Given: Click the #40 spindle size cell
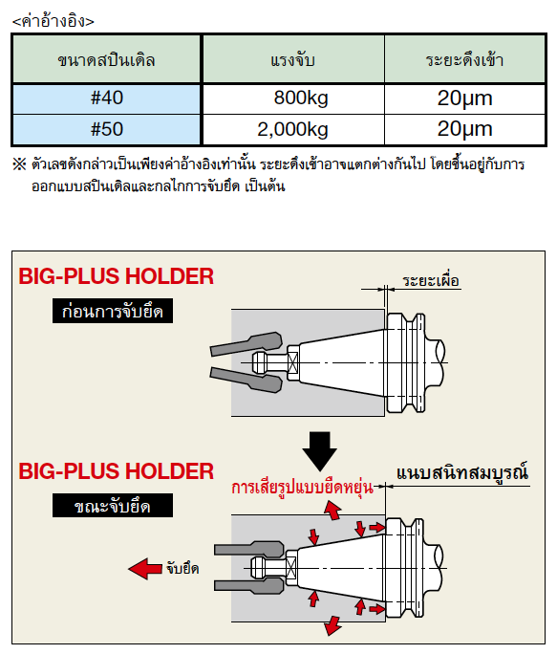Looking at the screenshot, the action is (107, 98).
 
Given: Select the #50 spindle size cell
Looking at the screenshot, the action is (107, 129).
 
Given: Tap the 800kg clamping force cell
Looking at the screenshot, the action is (293, 98).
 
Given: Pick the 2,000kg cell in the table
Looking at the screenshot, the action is (293, 129).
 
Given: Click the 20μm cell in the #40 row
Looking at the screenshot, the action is (464, 98).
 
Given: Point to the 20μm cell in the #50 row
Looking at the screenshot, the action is (464, 129).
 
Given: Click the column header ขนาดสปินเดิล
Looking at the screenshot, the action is (107, 59).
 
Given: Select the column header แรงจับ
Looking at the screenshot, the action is (293, 59).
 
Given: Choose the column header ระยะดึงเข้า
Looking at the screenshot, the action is (464, 59).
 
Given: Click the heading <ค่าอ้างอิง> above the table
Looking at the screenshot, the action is (54, 21).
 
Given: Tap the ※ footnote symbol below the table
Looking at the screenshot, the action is (19, 163).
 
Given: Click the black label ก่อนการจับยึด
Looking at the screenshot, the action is (113, 311).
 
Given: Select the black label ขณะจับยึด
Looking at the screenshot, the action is (113, 506).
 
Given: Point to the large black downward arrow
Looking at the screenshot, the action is (320, 450).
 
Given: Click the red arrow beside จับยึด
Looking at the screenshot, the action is (145, 569).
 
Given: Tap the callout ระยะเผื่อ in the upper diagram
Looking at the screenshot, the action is (431, 281).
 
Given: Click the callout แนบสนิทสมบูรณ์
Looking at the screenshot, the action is (462, 473).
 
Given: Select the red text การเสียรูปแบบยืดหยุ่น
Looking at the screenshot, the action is (302, 487).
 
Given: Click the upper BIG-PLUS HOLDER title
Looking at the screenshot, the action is (117, 276).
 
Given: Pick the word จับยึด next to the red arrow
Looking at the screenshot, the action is (182, 568).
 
